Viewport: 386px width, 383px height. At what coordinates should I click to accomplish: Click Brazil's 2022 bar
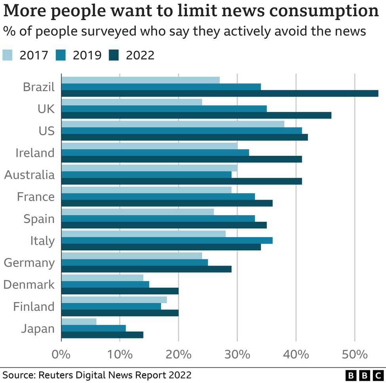[x=219, y=94]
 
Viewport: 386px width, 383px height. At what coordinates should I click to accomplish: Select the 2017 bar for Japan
[x=79, y=322]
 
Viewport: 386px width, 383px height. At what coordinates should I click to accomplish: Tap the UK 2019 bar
[x=164, y=109]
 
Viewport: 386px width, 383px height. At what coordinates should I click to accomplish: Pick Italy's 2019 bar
[x=167, y=240]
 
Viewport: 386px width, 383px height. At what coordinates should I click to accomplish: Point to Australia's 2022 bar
[x=182, y=181]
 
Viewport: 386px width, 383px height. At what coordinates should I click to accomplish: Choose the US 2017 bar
[x=173, y=124]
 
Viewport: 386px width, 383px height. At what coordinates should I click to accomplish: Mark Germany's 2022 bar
[x=146, y=269]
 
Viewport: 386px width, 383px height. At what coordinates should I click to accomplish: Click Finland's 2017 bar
[x=114, y=300]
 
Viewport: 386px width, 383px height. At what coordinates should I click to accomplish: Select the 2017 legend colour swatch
[x=8, y=55]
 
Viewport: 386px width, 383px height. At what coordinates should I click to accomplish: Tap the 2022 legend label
[x=140, y=55]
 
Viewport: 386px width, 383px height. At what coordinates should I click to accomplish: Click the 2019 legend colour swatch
[x=61, y=55]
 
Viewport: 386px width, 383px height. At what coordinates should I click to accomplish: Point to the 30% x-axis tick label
[x=237, y=354]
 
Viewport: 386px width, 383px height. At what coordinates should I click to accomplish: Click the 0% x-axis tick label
[x=61, y=354]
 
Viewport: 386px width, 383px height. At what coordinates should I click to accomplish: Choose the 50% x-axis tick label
[x=355, y=354]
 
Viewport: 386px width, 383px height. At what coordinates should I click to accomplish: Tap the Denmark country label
[x=29, y=284]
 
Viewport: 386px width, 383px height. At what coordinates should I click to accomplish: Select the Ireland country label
[x=35, y=153]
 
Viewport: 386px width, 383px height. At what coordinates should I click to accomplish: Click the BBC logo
[x=363, y=375]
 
